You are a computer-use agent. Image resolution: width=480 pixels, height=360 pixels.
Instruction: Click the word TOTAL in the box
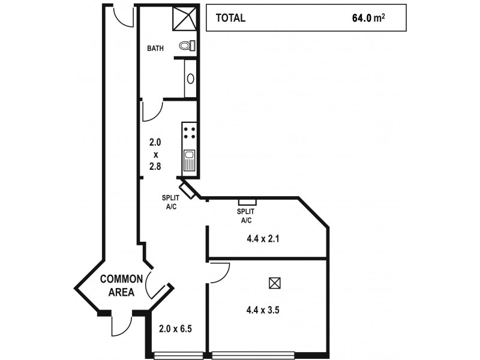[x=230, y=18]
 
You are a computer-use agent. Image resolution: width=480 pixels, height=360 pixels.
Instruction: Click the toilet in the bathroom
[x=187, y=46]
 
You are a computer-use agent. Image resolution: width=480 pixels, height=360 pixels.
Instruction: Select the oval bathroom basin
[x=191, y=78]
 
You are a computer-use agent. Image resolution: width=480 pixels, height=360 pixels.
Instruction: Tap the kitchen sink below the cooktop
[x=189, y=161]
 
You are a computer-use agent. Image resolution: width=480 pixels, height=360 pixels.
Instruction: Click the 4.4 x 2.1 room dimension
[x=263, y=238]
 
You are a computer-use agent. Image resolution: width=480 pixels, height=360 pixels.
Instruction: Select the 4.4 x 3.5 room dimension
[x=263, y=310]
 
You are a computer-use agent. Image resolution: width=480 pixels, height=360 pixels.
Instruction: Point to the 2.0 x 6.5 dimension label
[x=176, y=329]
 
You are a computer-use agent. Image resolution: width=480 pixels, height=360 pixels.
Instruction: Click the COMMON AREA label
[x=121, y=286]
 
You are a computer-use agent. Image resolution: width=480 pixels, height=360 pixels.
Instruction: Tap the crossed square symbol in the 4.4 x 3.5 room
[x=275, y=283]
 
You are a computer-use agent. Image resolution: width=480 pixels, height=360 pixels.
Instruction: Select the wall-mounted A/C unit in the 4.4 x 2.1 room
[x=247, y=202]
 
